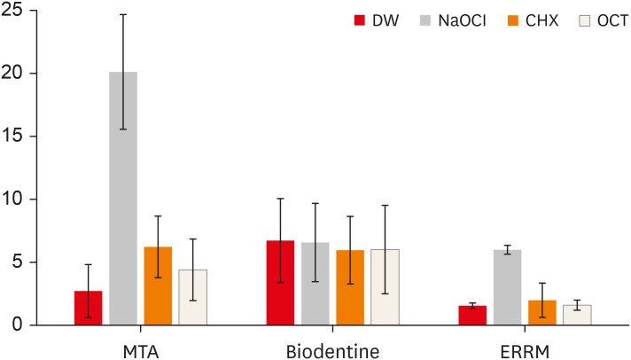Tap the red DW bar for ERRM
tap(472, 316)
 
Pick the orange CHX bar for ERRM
tap(541, 313)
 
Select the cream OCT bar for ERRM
tap(576, 315)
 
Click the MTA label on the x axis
tap(140, 350)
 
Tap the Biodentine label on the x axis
tap(332, 350)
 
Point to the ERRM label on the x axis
tap(524, 350)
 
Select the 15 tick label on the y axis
tap(17, 137)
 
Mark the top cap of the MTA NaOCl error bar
tap(123, 14)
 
